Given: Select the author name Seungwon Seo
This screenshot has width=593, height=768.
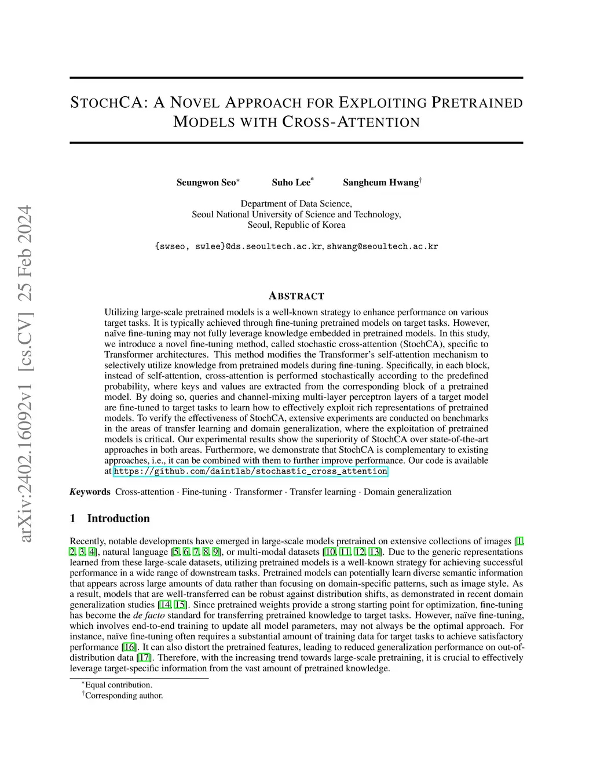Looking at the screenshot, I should tap(206, 183).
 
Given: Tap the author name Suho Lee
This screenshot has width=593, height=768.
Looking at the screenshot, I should tap(291, 183).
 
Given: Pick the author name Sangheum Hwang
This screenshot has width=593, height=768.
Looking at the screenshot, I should tap(380, 183).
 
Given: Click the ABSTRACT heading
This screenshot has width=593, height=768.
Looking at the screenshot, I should tap(296, 296).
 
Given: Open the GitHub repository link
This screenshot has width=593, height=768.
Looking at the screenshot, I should tap(250, 471).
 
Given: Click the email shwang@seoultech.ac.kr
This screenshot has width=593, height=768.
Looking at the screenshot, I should tap(382, 246).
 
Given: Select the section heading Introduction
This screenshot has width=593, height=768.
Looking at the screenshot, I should tap(118, 518).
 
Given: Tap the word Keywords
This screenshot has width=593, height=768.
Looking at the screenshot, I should tap(90, 492).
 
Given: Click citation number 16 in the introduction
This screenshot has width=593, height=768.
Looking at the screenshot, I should tap(129, 647).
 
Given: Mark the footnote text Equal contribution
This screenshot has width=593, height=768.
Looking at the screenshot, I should tap(118, 685).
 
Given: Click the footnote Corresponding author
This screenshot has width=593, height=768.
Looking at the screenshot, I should tap(124, 696).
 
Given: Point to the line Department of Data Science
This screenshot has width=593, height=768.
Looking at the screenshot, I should tap(296, 203).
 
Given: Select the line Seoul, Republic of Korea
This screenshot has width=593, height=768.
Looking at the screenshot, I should tap(296, 225).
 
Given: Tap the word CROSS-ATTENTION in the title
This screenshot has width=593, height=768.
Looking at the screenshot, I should tap(351, 122).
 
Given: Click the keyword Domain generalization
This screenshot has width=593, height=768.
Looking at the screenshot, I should tap(407, 492).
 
